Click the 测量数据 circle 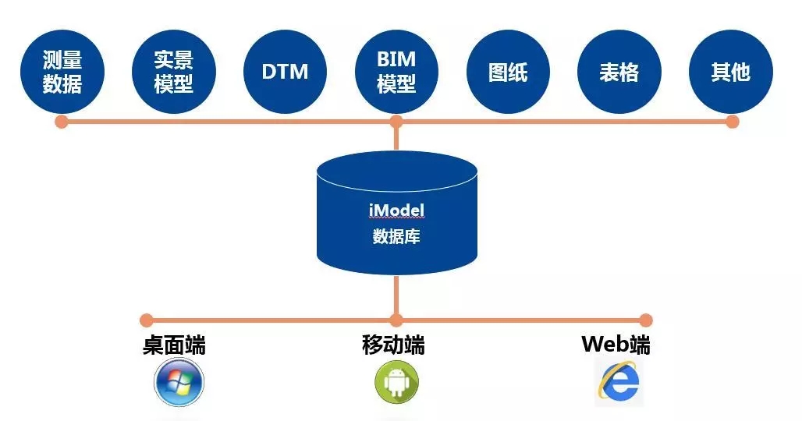62,73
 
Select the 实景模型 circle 173,73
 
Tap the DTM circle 285,73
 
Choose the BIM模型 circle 396,73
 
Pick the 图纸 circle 508,73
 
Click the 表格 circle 619,73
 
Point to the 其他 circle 731,73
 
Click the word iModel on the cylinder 396,210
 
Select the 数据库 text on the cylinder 396,236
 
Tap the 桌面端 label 175,345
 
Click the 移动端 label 394,345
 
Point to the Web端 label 616,345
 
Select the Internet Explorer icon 619,383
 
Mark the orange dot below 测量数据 62,122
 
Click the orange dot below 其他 732,122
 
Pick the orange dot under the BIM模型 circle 396,122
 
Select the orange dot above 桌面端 146,320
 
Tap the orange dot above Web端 645,320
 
